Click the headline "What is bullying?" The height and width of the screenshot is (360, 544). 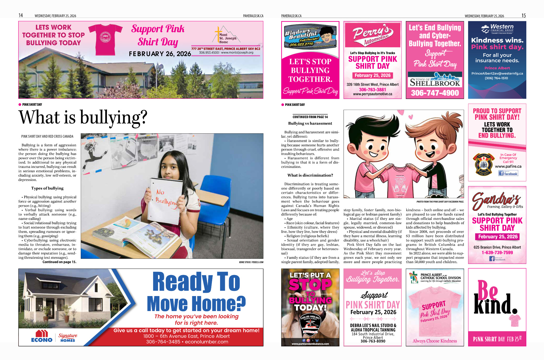(x=83, y=118)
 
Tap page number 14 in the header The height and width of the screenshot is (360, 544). (x=21, y=16)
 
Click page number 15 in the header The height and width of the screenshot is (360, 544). (x=523, y=16)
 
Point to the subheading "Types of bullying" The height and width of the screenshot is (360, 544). (x=47, y=188)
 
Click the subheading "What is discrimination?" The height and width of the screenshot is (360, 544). (x=310, y=175)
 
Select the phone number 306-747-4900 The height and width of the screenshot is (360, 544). (x=435, y=93)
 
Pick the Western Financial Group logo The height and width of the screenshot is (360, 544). (x=497, y=29)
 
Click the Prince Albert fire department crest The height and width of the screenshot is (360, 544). (x=484, y=164)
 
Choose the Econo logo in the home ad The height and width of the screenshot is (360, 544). (x=42, y=336)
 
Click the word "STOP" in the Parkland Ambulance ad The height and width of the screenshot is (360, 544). (x=310, y=285)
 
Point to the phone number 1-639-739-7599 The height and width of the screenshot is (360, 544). (x=497, y=253)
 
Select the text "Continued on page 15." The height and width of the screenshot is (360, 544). (x=59, y=262)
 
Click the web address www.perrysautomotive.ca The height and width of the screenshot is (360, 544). (x=372, y=94)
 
